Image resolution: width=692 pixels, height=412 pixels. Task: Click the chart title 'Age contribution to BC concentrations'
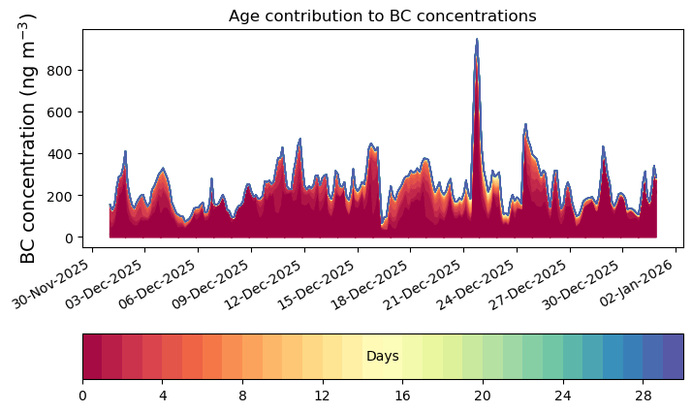pos(382,16)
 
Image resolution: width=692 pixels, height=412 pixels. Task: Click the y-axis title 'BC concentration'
pos(28,183)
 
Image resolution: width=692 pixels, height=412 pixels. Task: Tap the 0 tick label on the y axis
pos(69,238)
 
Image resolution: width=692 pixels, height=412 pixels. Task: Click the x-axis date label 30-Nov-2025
pos(50,284)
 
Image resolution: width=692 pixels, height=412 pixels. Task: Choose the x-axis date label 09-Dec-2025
pos(210,284)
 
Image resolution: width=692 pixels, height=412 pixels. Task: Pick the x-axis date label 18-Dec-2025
pos(369,284)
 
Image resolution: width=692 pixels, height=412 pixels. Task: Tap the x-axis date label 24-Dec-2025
pos(476,284)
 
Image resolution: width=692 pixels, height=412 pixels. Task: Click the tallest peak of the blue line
pos(477,40)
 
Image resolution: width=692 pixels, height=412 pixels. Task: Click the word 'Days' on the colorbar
pos(383,357)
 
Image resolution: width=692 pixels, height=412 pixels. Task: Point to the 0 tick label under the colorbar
pos(83,396)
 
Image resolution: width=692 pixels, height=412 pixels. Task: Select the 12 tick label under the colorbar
pos(323,396)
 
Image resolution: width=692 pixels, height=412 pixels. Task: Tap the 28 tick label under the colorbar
pos(644,396)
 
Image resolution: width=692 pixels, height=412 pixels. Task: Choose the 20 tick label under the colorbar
pos(483,396)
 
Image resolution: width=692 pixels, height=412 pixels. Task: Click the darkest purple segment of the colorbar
pos(674,357)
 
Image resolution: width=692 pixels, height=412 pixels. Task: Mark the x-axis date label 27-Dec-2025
pos(529,284)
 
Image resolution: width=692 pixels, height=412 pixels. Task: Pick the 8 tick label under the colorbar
pos(242,396)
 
